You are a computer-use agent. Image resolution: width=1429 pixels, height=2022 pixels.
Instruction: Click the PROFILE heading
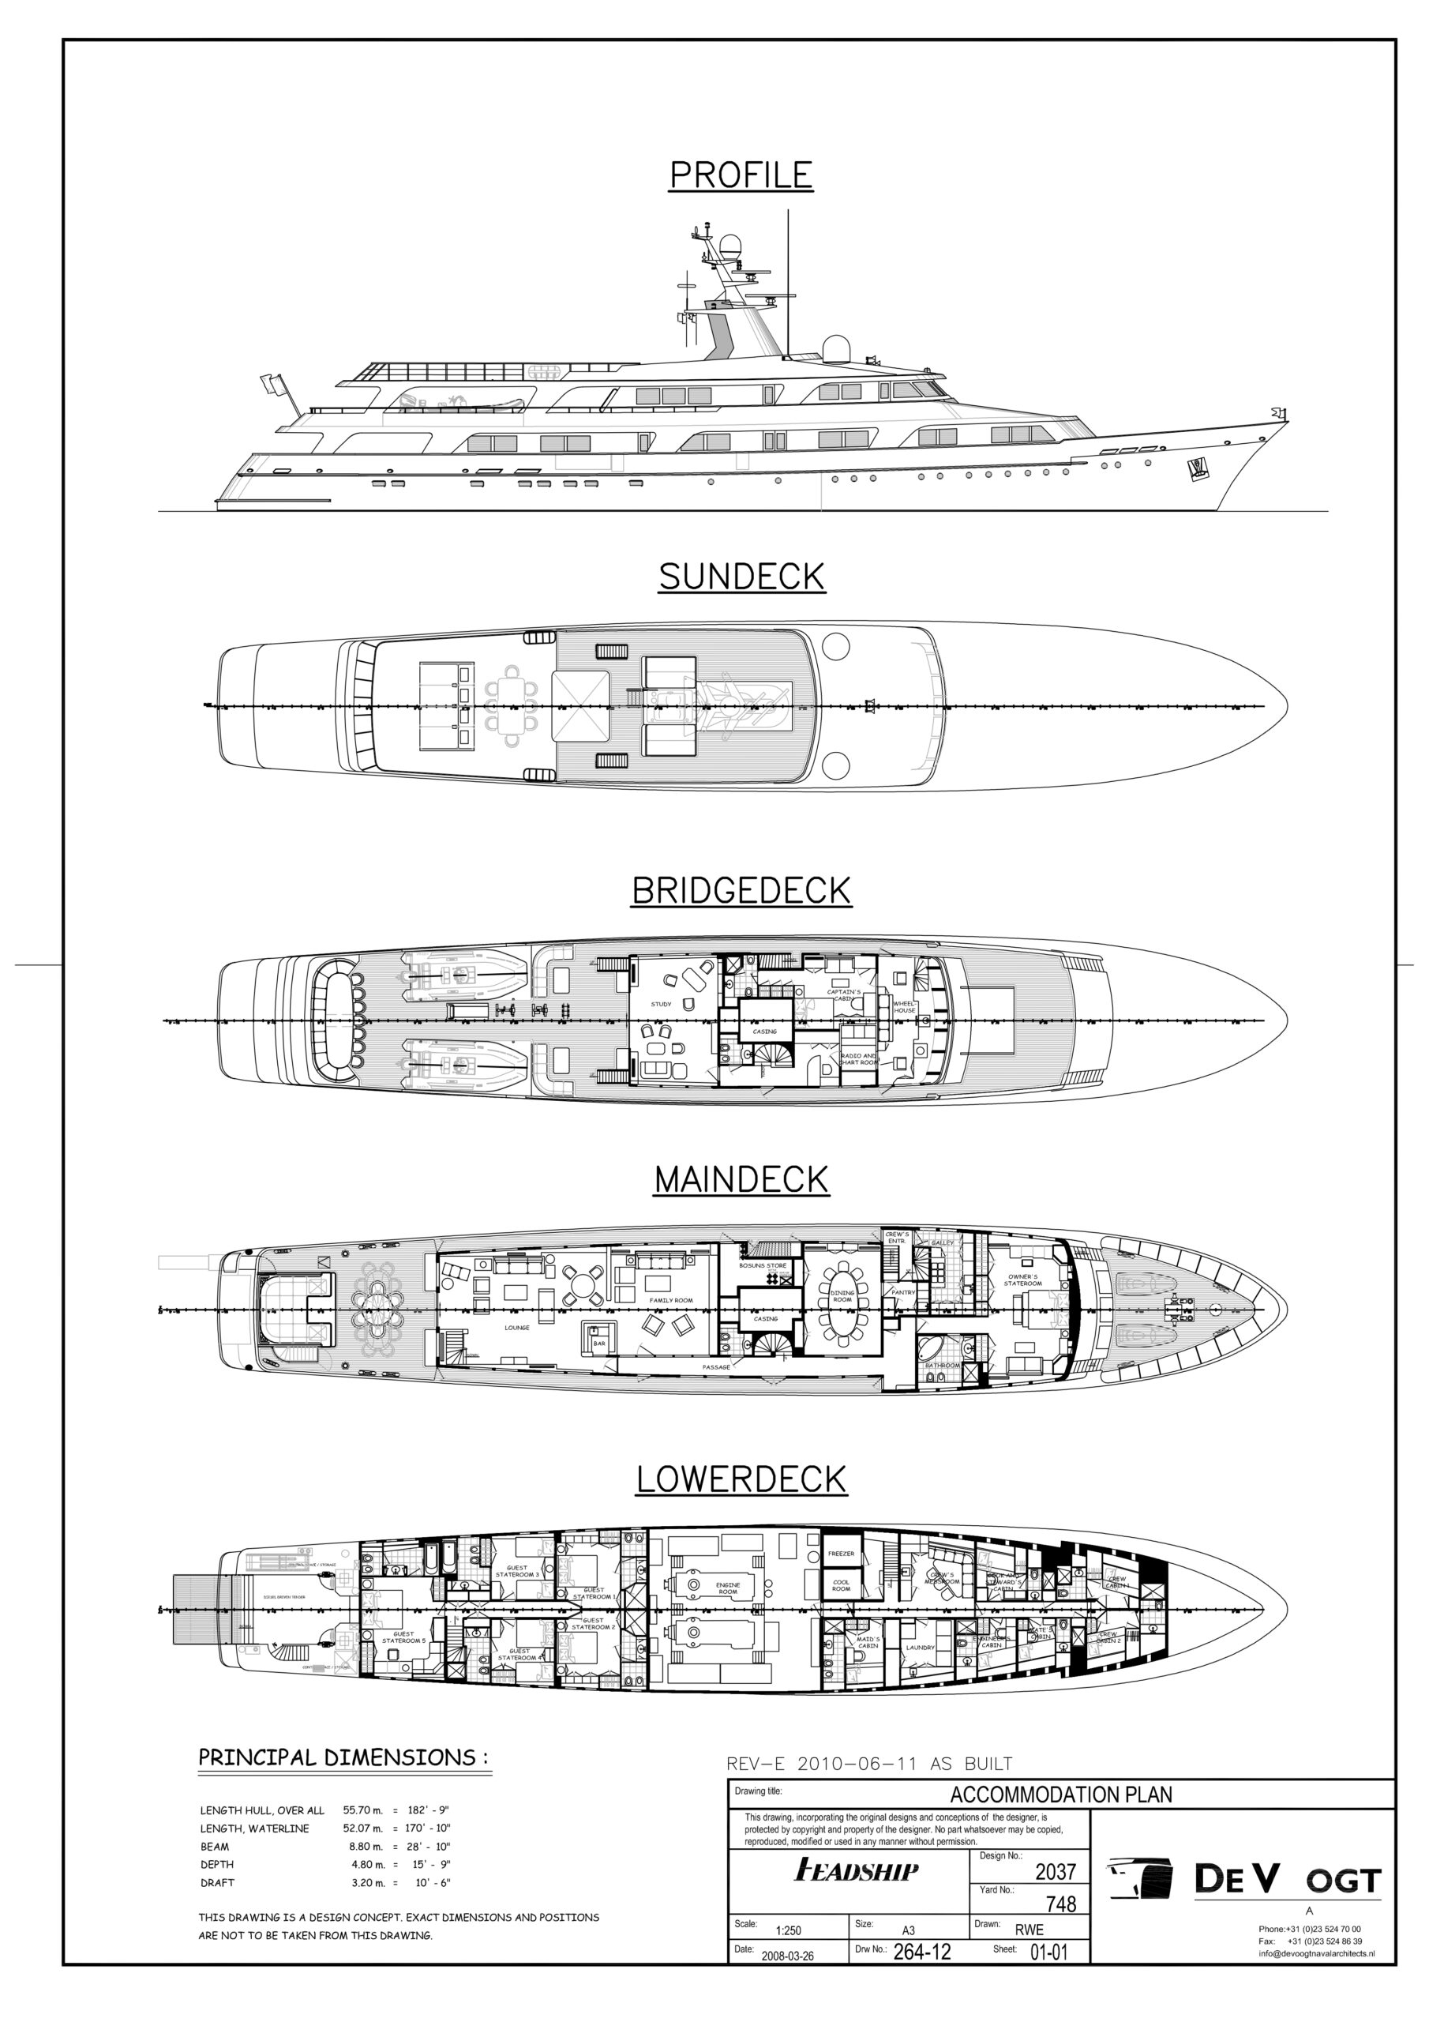(x=741, y=175)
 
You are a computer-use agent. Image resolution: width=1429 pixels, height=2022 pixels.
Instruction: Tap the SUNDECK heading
(x=741, y=577)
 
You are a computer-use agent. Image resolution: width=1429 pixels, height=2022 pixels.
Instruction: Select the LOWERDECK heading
(x=741, y=1479)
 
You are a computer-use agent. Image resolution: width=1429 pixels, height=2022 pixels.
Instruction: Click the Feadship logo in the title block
(x=856, y=1870)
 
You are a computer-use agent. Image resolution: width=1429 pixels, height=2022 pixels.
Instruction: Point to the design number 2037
(x=1055, y=1871)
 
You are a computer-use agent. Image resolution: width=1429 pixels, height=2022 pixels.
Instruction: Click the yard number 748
(x=1060, y=1904)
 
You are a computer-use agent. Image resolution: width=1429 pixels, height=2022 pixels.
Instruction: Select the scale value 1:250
(x=788, y=1930)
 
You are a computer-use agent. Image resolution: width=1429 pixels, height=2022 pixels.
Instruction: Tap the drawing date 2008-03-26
(x=787, y=1956)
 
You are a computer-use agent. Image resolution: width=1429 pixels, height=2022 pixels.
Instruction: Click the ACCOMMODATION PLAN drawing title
(x=1061, y=1794)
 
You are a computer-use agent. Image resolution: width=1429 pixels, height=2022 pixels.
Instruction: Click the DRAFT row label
(x=217, y=1883)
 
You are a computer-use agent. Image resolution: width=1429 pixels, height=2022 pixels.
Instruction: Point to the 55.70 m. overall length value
(x=362, y=1810)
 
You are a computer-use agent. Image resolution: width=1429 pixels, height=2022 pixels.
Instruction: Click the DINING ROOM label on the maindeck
(x=842, y=1296)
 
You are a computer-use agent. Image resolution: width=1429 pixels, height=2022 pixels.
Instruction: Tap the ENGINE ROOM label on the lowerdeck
(x=727, y=1588)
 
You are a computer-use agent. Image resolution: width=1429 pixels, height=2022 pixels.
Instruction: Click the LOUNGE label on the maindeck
(x=517, y=1327)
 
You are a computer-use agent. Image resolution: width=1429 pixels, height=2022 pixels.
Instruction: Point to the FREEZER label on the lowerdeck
(x=841, y=1554)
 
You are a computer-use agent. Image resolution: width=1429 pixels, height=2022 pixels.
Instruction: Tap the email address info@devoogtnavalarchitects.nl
(x=1315, y=1953)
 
